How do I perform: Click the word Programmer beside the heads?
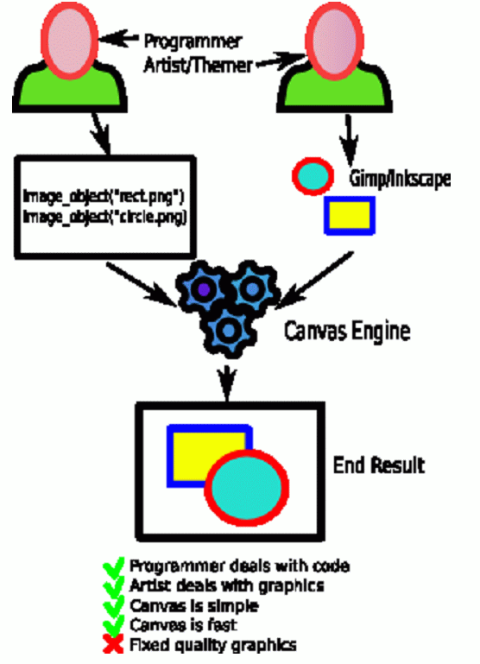[x=193, y=41]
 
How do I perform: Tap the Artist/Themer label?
[x=198, y=66]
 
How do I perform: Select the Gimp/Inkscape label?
[x=400, y=179]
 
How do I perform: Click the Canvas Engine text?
[x=347, y=331]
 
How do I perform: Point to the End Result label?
[x=379, y=465]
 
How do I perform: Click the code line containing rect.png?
[x=104, y=197]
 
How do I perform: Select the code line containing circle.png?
[x=105, y=217]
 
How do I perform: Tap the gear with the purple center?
[x=203, y=289]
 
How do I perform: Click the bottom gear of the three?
[x=229, y=331]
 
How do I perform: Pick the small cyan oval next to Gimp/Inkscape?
[x=313, y=176]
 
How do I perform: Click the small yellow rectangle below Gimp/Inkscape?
[x=350, y=215]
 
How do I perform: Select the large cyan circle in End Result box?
[x=247, y=487]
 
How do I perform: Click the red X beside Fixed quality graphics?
[x=113, y=644]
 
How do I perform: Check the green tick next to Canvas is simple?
[x=113, y=605]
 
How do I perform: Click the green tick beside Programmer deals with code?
[x=113, y=566]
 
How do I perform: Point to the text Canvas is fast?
[x=183, y=625]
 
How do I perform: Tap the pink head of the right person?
[x=334, y=41]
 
